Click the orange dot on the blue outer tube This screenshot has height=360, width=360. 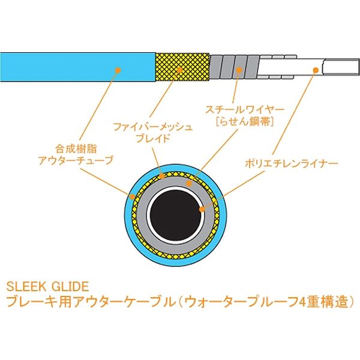point(118,70)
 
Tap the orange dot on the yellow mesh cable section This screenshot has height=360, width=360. point(180,70)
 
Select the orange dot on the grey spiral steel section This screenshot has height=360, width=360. point(239,70)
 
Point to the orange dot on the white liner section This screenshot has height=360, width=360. point(316,70)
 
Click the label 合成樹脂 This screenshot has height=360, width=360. point(76,149)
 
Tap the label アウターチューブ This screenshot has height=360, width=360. point(76,160)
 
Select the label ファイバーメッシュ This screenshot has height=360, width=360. point(152,127)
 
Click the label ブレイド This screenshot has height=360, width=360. point(153,138)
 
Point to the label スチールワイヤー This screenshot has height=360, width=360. point(245,110)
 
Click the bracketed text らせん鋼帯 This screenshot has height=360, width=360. point(245,121)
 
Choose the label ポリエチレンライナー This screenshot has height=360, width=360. point(292,163)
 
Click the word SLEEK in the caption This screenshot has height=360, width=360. point(26,287)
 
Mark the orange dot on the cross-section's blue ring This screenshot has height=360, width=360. point(132,197)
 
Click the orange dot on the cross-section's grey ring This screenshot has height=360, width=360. point(189,183)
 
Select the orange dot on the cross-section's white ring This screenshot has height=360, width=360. point(202,209)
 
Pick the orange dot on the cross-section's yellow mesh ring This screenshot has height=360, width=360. point(162,176)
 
